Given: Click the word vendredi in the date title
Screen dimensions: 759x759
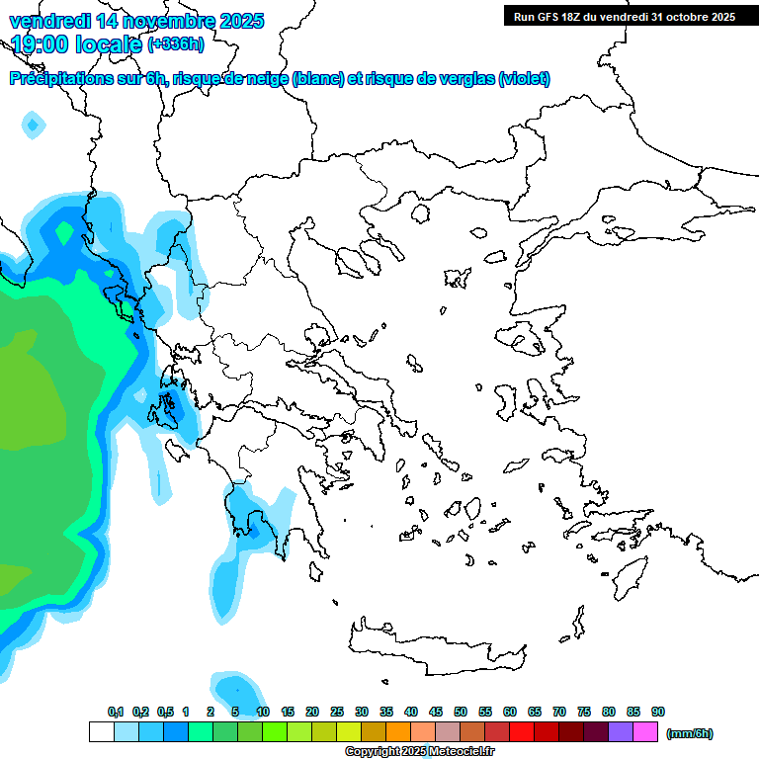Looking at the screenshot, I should coord(48,21).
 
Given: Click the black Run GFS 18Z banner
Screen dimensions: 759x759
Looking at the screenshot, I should coord(625,16).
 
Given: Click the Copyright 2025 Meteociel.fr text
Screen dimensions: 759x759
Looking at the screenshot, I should coord(419,752).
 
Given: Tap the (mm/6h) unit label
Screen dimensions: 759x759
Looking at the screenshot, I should coord(689,733).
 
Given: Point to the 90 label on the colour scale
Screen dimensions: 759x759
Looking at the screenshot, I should coord(658,712).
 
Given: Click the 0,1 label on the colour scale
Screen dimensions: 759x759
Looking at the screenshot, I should coord(116,712).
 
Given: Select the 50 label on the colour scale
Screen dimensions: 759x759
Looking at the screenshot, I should coord(461,712).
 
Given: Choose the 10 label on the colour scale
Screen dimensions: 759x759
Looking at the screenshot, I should coord(263,712).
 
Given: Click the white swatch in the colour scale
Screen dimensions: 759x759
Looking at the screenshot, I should coord(102,732).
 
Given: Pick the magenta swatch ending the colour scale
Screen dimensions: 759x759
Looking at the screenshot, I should coord(645,732).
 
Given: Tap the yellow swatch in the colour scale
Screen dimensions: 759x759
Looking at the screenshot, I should coord(349,732).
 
